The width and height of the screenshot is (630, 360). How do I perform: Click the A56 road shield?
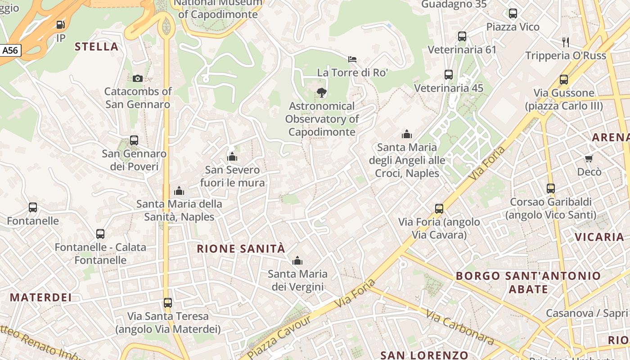[10, 50]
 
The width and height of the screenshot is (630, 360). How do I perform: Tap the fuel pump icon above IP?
[61, 25]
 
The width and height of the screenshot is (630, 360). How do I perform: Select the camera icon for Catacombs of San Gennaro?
[138, 78]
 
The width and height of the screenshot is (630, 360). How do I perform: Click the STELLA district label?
[96, 46]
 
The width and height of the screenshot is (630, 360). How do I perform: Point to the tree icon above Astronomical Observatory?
[321, 93]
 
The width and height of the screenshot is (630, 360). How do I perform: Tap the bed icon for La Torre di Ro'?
[352, 59]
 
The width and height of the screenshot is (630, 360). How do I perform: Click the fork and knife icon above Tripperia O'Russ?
[566, 42]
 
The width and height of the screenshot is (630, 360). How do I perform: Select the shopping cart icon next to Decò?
[589, 158]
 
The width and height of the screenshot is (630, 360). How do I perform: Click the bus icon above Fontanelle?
[33, 207]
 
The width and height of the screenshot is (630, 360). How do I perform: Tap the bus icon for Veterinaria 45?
[449, 75]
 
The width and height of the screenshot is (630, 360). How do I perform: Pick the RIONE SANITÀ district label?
[241, 248]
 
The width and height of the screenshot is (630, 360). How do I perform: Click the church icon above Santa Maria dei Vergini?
[297, 261]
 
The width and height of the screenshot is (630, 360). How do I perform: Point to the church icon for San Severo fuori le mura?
[232, 157]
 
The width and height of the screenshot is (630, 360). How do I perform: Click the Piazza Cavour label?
[279, 337]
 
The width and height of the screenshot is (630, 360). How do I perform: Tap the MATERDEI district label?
[41, 297]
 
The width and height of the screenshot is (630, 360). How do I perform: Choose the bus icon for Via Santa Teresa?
[168, 303]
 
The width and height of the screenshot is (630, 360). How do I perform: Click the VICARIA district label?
[599, 237]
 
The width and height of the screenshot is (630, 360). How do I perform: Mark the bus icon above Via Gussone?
[564, 80]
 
